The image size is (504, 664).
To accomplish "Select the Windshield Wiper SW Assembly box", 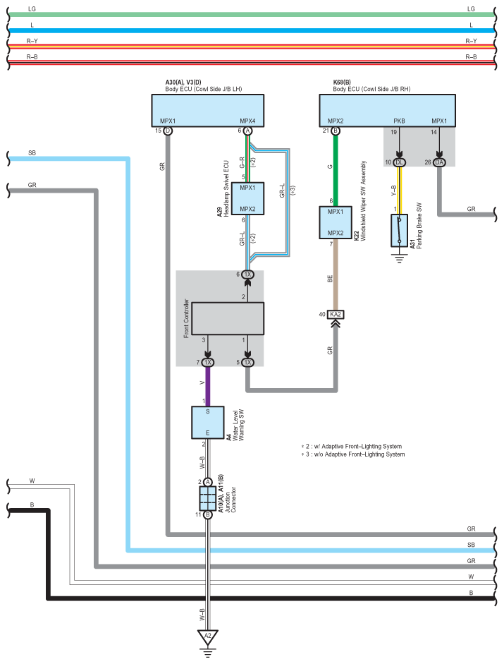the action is pyautogui.click(x=335, y=222).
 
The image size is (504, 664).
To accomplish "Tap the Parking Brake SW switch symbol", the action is pyautogui.click(x=400, y=230).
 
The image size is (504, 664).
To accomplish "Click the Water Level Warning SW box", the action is pyautogui.click(x=208, y=422).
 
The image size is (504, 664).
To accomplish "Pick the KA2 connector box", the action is pyautogui.click(x=335, y=314).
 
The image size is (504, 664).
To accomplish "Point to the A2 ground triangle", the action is pyautogui.click(x=208, y=636).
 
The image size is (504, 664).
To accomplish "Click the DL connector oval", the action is pyautogui.click(x=400, y=162).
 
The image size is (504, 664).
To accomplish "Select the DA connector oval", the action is pyautogui.click(x=440, y=162).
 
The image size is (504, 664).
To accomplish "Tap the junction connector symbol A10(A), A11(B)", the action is pyautogui.click(x=208, y=498).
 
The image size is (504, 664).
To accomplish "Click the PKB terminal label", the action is pyautogui.click(x=399, y=121).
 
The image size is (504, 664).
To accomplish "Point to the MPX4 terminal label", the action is pyautogui.click(x=247, y=121).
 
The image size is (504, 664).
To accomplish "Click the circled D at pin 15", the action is pyautogui.click(x=168, y=131).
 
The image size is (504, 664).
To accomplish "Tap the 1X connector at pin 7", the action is pyautogui.click(x=207, y=363).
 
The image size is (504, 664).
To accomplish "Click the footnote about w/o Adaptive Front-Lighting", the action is pyautogui.click(x=353, y=454).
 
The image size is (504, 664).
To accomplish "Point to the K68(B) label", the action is pyautogui.click(x=342, y=82).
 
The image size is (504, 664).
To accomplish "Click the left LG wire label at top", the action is pyautogui.click(x=32, y=9).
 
